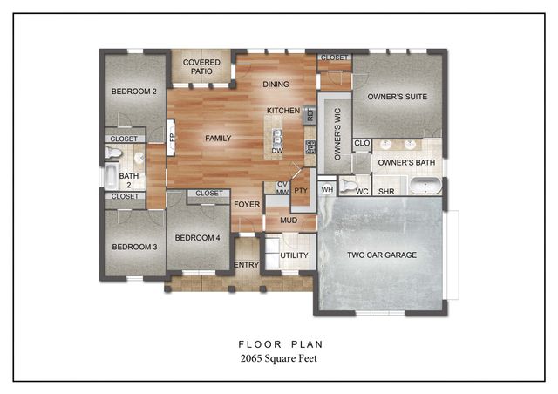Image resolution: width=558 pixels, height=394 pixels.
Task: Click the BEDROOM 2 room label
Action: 133,92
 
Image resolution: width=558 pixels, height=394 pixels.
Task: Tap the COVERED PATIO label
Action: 201,67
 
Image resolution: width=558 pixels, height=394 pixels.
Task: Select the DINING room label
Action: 276,85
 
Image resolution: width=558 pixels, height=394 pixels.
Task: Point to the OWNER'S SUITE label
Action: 397,97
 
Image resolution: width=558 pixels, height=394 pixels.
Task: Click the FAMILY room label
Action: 218,139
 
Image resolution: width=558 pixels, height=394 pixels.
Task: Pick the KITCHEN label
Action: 283,111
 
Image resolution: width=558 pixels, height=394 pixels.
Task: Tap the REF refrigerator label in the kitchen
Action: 310,113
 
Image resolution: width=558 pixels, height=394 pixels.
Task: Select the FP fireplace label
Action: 173,138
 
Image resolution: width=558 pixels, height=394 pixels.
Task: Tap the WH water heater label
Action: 327,189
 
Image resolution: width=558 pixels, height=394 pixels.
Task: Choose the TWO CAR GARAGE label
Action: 382,255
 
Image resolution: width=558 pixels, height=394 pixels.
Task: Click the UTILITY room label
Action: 294,255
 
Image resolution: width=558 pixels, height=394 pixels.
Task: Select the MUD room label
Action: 288,221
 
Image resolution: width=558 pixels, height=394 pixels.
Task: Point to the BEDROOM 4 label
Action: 198,237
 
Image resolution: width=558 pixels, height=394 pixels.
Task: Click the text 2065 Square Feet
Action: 278,358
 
